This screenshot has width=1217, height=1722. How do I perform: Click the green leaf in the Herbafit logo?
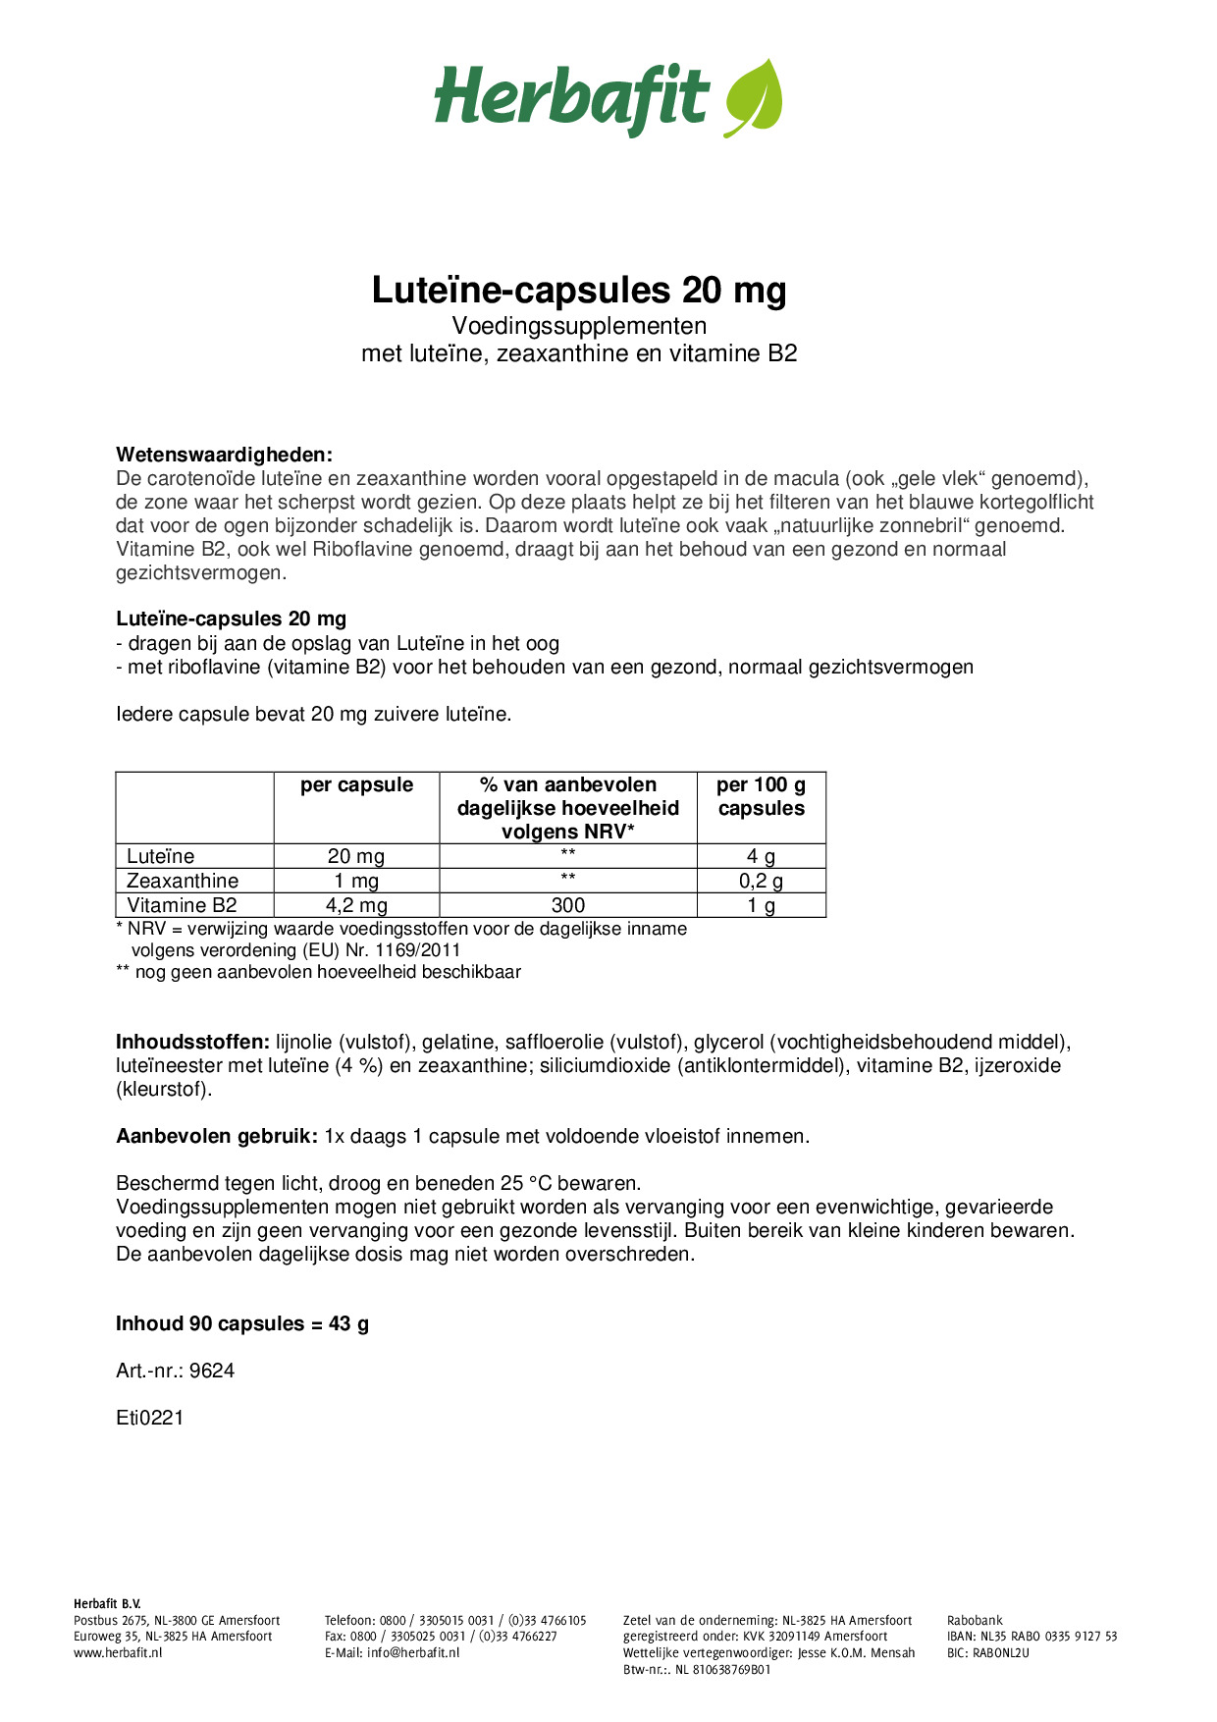754,97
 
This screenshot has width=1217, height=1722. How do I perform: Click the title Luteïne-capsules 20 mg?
579,291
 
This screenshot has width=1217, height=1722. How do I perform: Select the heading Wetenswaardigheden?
224,455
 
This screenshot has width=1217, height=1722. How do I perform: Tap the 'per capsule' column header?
356,785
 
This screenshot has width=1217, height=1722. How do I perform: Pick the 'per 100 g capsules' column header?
761,796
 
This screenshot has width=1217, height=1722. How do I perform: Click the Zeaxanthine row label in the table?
183,881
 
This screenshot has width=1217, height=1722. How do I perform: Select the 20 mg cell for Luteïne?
356,856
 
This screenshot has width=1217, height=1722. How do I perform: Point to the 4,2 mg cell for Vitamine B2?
356,905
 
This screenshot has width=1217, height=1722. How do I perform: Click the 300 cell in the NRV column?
567,905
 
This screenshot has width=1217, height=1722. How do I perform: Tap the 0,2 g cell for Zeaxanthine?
761,881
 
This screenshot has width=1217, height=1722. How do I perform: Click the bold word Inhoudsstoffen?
192,1042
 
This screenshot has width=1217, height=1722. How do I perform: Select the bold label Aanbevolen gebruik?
216,1136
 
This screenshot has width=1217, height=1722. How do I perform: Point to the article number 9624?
212,1371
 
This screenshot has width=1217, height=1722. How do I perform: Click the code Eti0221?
150,1418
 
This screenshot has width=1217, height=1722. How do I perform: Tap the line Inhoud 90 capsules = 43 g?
242,1323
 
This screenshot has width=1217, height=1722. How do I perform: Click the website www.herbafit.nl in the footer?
118,1653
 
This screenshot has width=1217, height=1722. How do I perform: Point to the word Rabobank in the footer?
975,1621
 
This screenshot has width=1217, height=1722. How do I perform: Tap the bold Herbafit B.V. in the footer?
107,1604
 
